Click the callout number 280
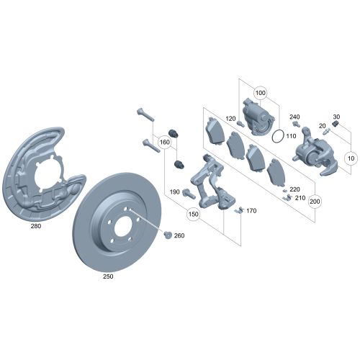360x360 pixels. (x=36, y=225)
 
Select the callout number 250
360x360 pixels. (x=109, y=275)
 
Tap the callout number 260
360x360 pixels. (x=179, y=235)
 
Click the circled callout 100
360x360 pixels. (x=261, y=94)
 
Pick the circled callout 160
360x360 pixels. (x=165, y=143)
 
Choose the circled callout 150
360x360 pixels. (x=194, y=214)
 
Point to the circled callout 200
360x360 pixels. (x=315, y=202)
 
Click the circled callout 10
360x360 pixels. (x=351, y=157)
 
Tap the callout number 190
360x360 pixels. (x=174, y=192)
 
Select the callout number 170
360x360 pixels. (x=251, y=211)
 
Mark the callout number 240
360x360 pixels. (x=294, y=117)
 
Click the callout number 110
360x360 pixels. (x=291, y=135)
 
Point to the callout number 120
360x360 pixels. (x=230, y=119)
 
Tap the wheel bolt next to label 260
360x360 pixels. (x=167, y=235)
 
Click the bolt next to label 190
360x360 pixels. (x=189, y=192)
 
